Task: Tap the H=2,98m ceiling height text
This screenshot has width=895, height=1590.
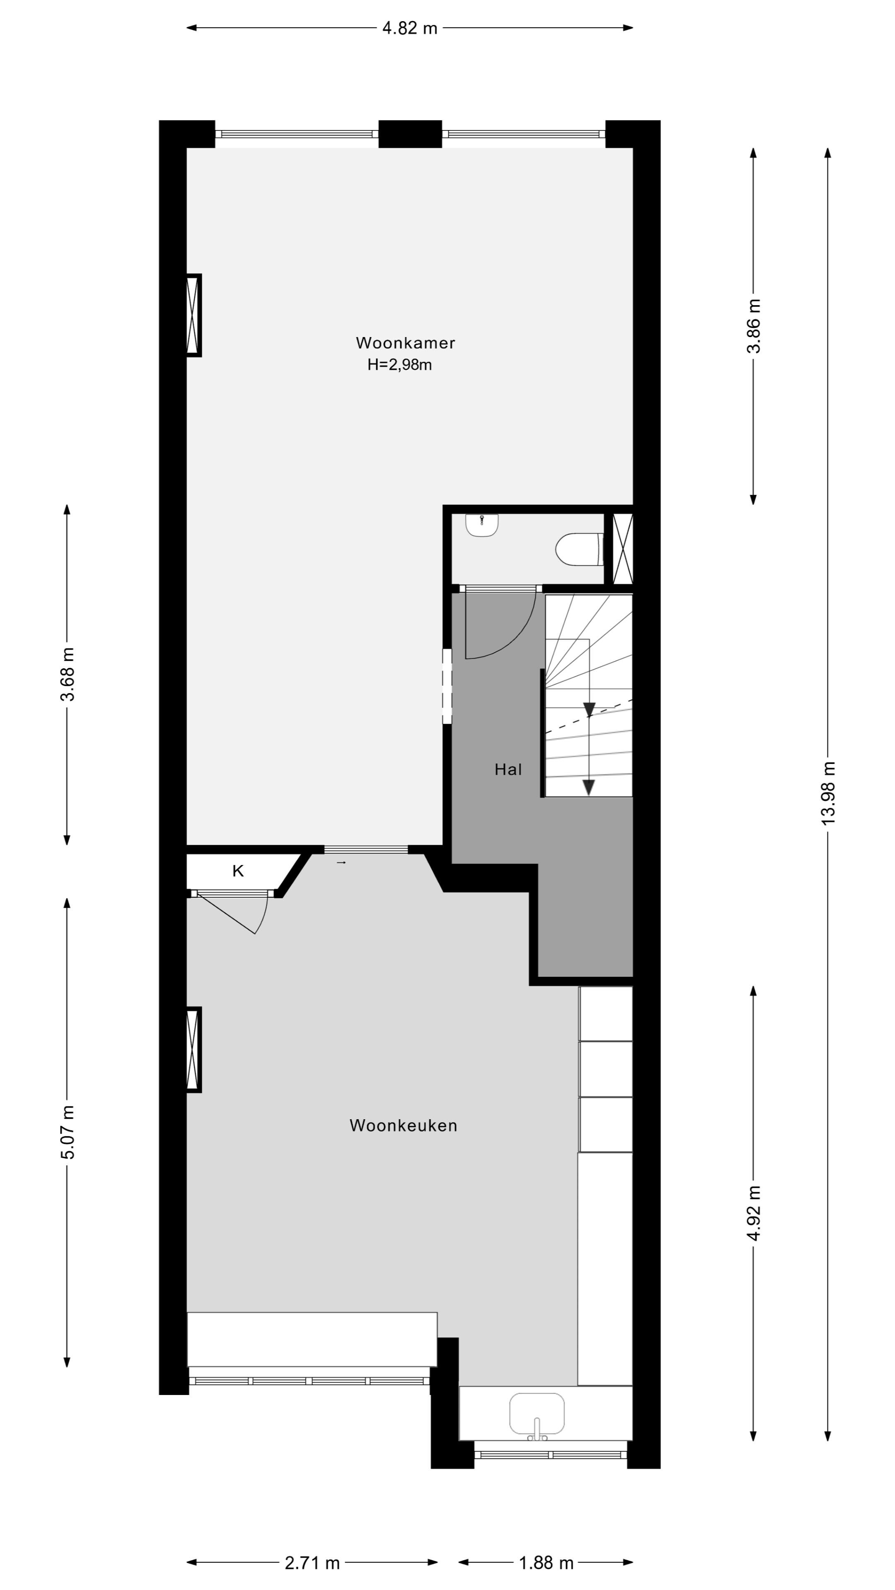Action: coord(399,365)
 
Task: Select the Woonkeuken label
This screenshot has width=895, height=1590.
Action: coord(403,1125)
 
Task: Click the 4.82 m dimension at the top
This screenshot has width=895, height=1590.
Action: coord(409,28)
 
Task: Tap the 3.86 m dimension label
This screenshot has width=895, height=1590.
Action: coord(754,326)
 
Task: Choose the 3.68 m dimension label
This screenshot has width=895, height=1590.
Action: coord(67,675)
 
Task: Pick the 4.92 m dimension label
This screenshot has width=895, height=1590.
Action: coord(754,1213)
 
